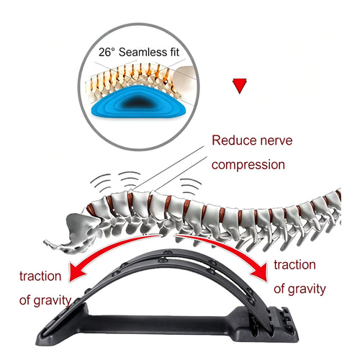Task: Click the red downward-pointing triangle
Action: [240, 86]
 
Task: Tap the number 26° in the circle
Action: [107, 52]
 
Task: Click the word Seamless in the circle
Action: [143, 52]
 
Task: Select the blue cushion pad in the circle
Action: [139, 102]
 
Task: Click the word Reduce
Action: [232, 140]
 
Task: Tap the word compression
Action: [248, 165]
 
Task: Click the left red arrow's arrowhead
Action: [78, 271]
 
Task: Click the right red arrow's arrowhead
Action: [258, 271]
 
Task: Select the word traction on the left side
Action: [40, 276]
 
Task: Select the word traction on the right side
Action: [294, 265]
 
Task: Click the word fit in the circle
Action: [175, 52]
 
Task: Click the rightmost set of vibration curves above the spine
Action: [191, 186]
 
